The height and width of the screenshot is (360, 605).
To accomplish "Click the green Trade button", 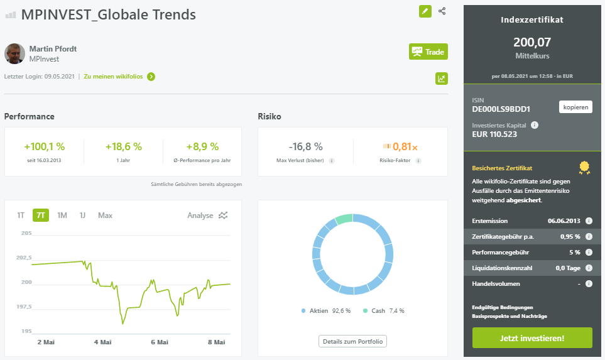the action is tap(428, 52).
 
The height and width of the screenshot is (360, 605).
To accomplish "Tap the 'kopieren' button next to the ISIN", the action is tap(575, 107).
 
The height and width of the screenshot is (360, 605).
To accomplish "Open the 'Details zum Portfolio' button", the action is tap(352, 341).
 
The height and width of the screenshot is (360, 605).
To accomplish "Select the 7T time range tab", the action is tap(40, 215).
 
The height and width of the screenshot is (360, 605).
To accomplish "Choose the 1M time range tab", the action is tap(62, 215).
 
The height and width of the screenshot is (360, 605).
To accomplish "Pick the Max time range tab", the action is tap(105, 215).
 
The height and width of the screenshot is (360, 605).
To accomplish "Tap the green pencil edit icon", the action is tap(425, 11).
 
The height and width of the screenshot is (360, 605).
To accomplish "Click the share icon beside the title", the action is tap(442, 11).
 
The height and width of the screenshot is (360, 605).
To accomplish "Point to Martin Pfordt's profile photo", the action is tap(14, 53).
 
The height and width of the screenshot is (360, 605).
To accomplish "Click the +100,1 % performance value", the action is tap(45, 146).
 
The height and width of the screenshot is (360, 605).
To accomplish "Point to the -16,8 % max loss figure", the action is tap(305, 146).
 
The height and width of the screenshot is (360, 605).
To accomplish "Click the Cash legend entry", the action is tap(383, 310).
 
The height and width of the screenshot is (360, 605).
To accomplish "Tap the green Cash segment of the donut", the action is tap(344, 219).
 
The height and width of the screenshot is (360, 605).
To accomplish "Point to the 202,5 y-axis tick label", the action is tap(24, 258).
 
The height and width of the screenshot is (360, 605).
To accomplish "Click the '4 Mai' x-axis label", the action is tap(102, 342).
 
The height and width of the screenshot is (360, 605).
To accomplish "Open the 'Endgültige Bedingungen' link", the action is tap(503, 307).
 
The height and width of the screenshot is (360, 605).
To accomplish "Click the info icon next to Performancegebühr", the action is tap(589, 252).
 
